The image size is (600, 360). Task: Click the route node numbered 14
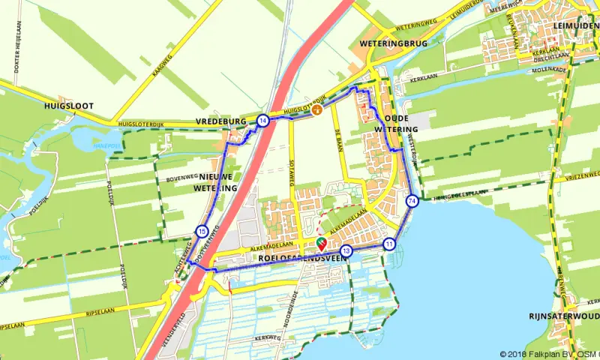(x=262, y=120)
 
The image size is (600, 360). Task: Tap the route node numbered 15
(x=202, y=231)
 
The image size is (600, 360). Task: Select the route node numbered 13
(x=346, y=250)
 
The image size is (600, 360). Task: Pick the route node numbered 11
(x=388, y=244)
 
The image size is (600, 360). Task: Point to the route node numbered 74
(x=412, y=200)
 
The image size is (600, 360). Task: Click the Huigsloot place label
(x=68, y=106)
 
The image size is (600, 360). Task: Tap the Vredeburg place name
(x=222, y=121)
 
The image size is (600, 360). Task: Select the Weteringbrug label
(x=393, y=44)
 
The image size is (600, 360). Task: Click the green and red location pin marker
(x=321, y=242)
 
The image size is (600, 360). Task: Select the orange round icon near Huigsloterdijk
(x=317, y=110)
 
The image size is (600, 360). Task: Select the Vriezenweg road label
(x=583, y=175)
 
